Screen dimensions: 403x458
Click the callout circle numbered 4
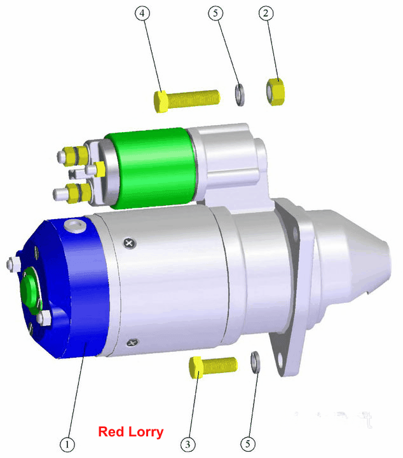[142, 13]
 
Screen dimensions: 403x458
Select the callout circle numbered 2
[266, 13]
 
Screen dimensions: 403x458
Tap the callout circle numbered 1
[67, 444]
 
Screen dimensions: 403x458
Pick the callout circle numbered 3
[188, 444]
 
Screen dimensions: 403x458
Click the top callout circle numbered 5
[215, 13]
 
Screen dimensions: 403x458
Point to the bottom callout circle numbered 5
[248, 443]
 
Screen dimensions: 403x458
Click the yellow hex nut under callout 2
[275, 91]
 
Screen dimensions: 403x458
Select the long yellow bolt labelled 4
[186, 100]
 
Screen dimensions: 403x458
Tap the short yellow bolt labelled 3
[213, 367]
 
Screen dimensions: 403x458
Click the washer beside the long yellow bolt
[240, 95]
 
